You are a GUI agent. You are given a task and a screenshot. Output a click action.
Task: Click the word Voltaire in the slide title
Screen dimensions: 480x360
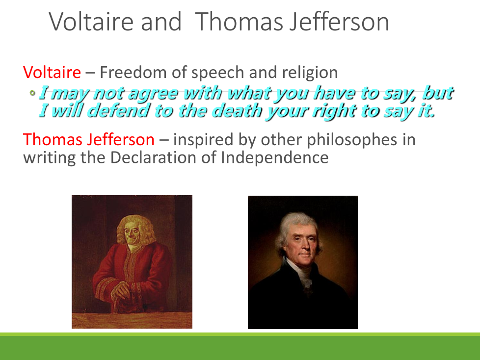pyautogui.click(x=91, y=22)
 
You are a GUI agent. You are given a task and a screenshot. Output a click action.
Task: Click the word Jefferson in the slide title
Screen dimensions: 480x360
pyautogui.click(x=340, y=22)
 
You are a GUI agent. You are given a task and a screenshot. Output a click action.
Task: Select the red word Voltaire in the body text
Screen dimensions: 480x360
pyautogui.click(x=52, y=73)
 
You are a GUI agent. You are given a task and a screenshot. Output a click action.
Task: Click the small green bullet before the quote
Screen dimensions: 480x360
pyautogui.click(x=32, y=93)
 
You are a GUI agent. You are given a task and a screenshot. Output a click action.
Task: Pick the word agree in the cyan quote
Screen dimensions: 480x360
pyautogui.click(x=153, y=94)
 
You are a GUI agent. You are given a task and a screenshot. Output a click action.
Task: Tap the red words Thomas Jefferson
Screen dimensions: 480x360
pyautogui.click(x=89, y=140)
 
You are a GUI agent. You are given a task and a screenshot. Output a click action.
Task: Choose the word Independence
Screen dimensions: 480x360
pyautogui.click(x=274, y=158)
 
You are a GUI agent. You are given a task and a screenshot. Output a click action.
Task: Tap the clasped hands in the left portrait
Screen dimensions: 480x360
pyautogui.click(x=122, y=290)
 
